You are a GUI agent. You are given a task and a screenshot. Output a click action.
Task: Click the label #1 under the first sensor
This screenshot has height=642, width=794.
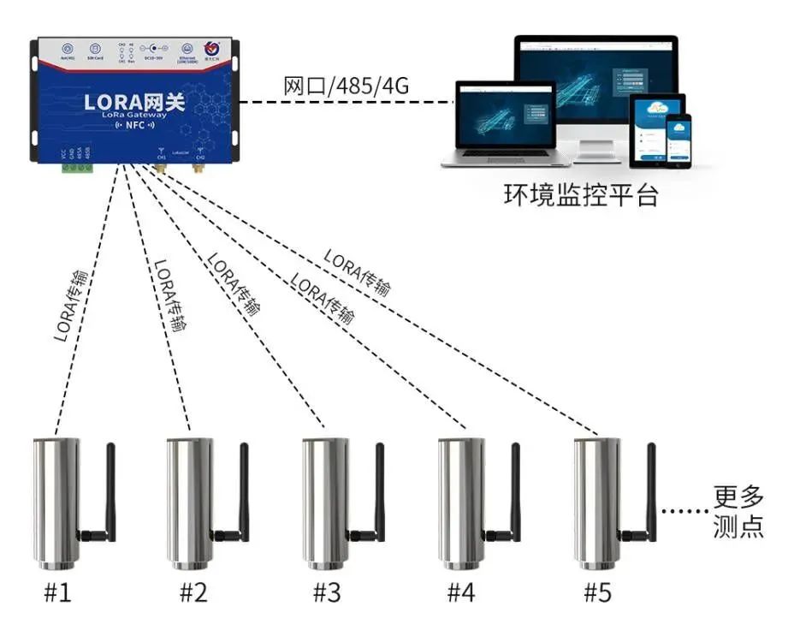[56, 592]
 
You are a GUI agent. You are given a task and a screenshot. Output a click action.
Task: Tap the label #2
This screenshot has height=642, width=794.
[193, 592]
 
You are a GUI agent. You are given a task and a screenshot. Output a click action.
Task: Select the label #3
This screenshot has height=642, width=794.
[327, 592]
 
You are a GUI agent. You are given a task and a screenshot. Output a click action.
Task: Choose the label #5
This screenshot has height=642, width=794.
[597, 592]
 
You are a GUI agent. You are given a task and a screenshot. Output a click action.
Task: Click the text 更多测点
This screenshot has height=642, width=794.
[738, 512]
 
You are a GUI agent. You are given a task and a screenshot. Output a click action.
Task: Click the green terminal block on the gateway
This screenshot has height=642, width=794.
[76, 167]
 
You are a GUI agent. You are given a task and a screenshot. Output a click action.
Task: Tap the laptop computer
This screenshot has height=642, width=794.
[506, 124]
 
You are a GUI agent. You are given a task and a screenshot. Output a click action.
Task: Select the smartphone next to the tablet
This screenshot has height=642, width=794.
[678, 140]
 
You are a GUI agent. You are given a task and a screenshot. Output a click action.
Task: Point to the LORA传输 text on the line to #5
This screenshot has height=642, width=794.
[356, 272]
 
